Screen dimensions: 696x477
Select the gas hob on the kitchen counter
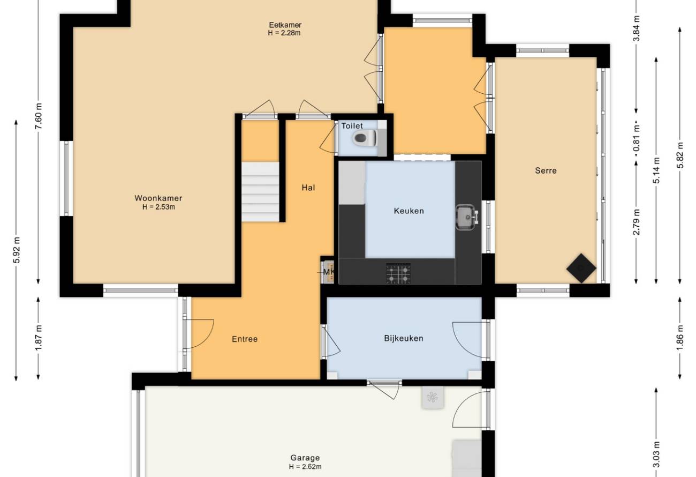[x=398, y=274]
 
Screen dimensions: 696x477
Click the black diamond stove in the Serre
[x=581, y=268]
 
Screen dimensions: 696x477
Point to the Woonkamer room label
[x=158, y=198]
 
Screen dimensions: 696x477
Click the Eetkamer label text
[x=285, y=25]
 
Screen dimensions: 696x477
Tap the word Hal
[x=308, y=188]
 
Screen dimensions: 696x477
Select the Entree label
[x=245, y=339]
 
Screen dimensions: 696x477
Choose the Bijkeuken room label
[x=404, y=338]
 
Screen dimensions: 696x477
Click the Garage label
[x=305, y=458]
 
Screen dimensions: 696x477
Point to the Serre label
[x=546, y=170]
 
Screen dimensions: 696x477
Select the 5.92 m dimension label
[x=17, y=250]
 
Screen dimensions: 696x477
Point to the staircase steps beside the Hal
[x=260, y=191]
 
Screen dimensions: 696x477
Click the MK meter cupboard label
[x=329, y=272]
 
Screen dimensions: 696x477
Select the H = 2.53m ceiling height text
[x=158, y=207]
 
